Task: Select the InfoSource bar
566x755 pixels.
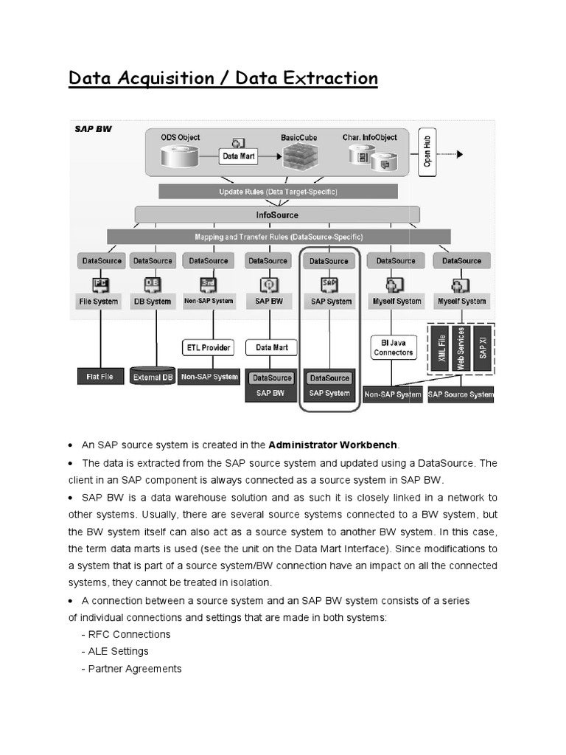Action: pyautogui.click(x=277, y=215)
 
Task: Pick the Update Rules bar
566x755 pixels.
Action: pyautogui.click(x=278, y=192)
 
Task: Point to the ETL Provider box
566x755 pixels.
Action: pyautogui.click(x=207, y=347)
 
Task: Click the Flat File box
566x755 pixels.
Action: pyautogui.click(x=99, y=376)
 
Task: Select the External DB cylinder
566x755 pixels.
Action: pyautogui.click(x=153, y=377)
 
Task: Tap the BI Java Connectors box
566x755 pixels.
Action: pyautogui.click(x=393, y=347)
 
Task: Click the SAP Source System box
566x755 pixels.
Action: pyautogui.click(x=461, y=394)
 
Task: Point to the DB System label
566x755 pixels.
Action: pyautogui.click(x=152, y=301)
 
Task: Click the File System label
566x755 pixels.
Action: pyautogui.click(x=99, y=301)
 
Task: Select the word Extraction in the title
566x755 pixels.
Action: pyautogui.click(x=326, y=78)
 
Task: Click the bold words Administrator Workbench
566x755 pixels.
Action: pyautogui.click(x=333, y=445)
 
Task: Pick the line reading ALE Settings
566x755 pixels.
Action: pyautogui.click(x=118, y=651)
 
